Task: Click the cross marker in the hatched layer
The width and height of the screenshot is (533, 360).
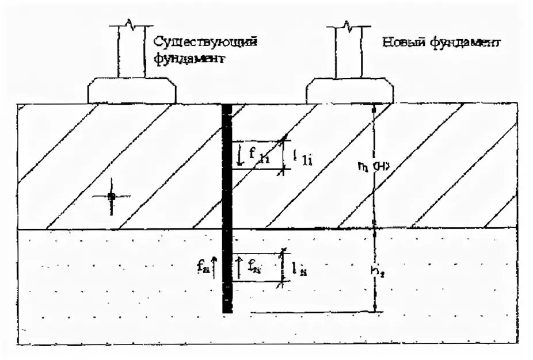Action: (111, 197)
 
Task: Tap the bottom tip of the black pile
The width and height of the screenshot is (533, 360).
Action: (227, 310)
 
